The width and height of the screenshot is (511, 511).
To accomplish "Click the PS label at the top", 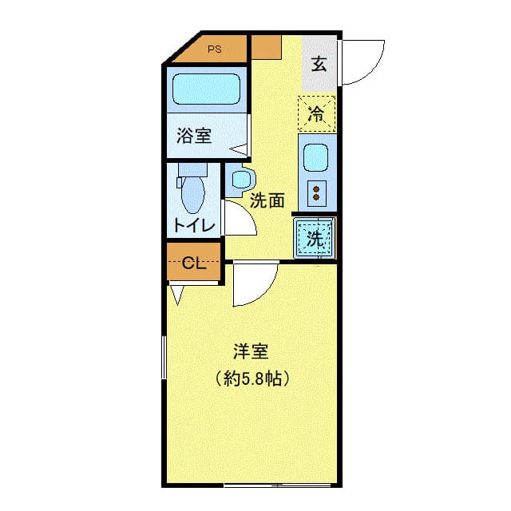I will pyautogui.click(x=214, y=49).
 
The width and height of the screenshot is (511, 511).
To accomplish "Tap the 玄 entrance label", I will pyautogui.click(x=319, y=65).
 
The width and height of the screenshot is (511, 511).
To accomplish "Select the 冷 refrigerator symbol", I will pyautogui.click(x=317, y=113).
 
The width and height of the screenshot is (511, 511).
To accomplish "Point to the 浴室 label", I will pyautogui.click(x=194, y=135).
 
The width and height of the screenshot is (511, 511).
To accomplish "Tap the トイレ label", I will pyautogui.click(x=193, y=226).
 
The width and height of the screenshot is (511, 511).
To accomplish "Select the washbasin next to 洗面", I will pyautogui.click(x=240, y=180).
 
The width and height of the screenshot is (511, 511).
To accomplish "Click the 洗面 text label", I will pyautogui.click(x=267, y=201).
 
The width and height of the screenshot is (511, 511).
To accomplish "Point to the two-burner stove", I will pyautogui.click(x=317, y=192).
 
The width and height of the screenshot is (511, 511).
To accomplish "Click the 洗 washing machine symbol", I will pyautogui.click(x=315, y=237).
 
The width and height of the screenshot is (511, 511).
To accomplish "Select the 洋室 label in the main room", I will pyautogui.click(x=250, y=351).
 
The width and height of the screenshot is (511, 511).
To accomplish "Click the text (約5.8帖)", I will pyautogui.click(x=251, y=378).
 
